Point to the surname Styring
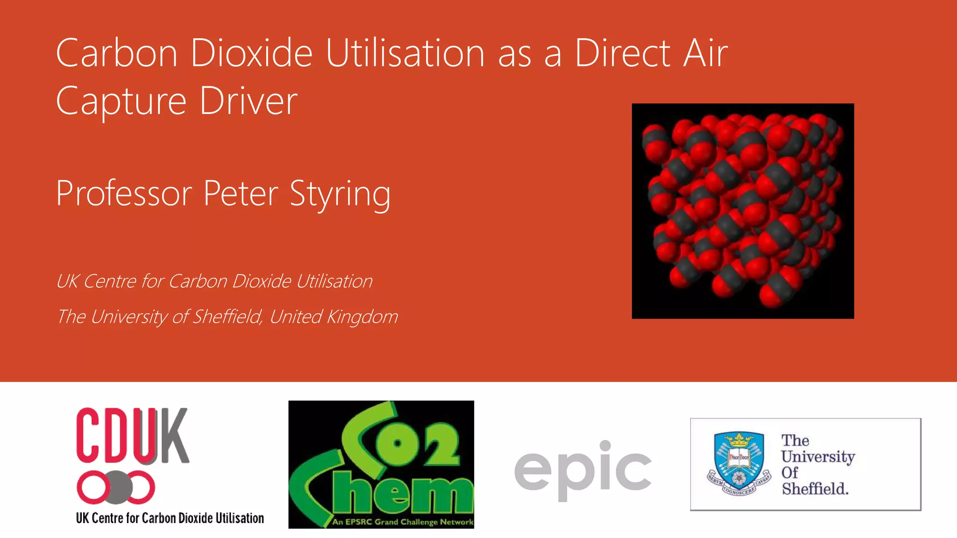tap(340, 194)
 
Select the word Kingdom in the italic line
tap(362, 317)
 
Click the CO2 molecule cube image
tap(743, 211)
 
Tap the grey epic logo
tap(583, 469)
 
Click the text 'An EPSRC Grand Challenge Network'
tap(402, 522)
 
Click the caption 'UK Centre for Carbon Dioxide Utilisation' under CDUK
tap(170, 518)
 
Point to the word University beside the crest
tap(818, 456)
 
